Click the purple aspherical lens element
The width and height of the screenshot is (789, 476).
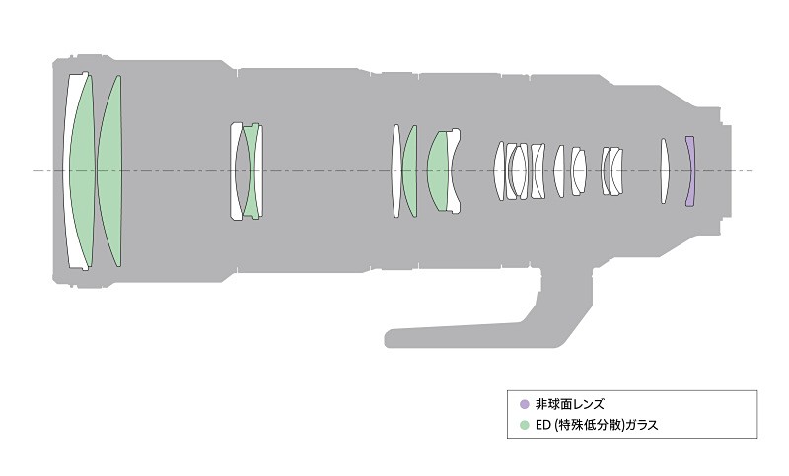pyautogui.click(x=690, y=170)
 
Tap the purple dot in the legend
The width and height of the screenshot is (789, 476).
pyautogui.click(x=525, y=404)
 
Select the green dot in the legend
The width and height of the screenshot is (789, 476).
pyautogui.click(x=525, y=425)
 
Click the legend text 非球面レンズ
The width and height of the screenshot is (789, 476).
pyautogui.click(x=570, y=404)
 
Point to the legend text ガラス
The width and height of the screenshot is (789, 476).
pyautogui.click(x=642, y=425)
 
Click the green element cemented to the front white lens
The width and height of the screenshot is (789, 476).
pyautogui.click(x=82, y=170)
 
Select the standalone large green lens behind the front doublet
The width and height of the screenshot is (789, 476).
pyautogui.click(x=109, y=170)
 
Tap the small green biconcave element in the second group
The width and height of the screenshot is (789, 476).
pyautogui.click(x=251, y=170)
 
